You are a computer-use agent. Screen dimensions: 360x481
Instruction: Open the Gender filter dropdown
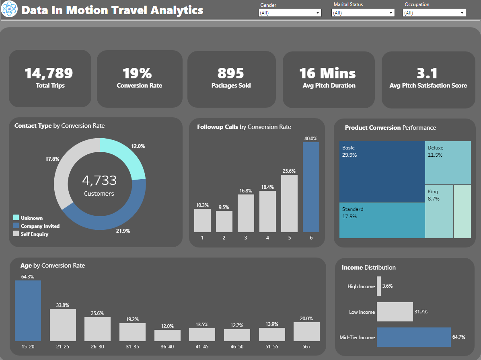tap(290, 13)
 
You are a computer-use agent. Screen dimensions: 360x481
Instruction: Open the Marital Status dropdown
tap(363, 13)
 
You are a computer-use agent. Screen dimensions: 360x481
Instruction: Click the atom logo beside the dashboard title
tap(10, 10)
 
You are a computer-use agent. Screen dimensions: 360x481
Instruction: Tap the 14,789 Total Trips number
tap(49, 73)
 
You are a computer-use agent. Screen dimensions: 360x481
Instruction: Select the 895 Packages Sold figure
tap(231, 73)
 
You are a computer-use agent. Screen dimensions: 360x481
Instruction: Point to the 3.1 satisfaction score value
tap(428, 73)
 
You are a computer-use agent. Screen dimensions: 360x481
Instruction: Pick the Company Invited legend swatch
tap(16, 226)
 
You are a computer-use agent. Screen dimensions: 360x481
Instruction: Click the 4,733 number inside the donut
tap(99, 180)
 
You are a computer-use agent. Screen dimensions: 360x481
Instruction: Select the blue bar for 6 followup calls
tap(311, 187)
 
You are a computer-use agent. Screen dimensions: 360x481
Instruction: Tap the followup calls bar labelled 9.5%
tap(224, 221)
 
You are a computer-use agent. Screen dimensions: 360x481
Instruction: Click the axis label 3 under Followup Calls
tap(246, 237)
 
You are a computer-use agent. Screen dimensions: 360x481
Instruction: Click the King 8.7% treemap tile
tap(439, 211)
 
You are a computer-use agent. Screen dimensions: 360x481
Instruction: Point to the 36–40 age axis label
tap(167, 346)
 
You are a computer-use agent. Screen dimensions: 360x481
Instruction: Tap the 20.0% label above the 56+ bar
tap(306, 319)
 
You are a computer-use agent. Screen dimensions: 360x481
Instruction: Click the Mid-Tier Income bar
tap(413, 337)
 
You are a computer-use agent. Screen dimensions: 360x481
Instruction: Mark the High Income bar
tap(379, 286)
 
